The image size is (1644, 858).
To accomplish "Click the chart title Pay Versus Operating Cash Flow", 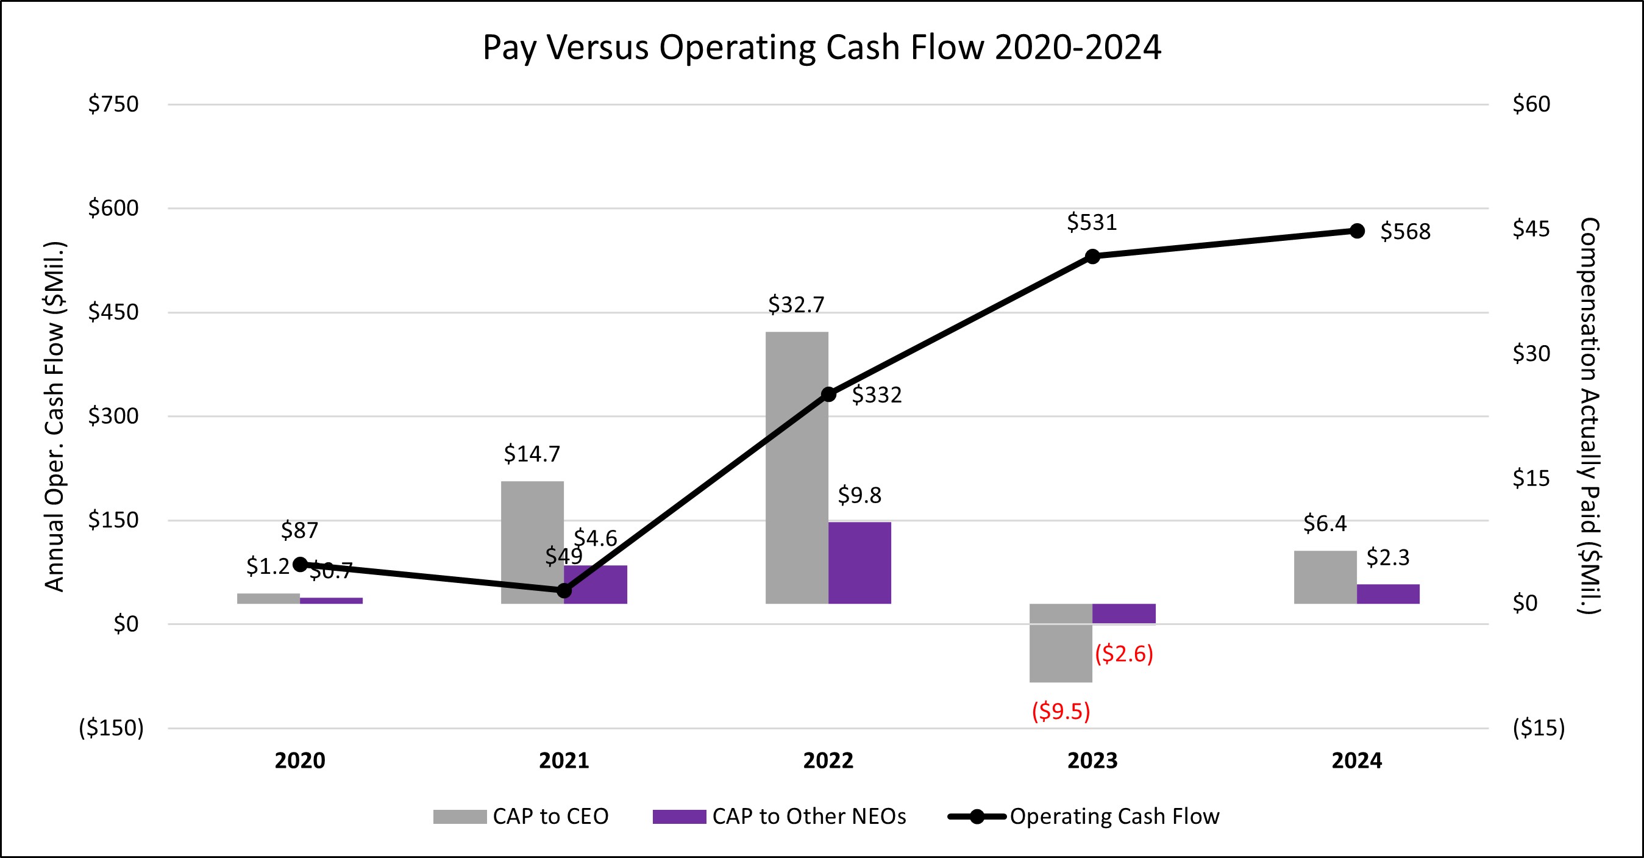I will pos(821,47).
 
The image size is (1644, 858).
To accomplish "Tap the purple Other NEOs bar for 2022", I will pos(859,562).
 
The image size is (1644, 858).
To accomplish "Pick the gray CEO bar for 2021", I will pos(532,542).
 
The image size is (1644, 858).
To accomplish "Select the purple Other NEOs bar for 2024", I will pos(1388,594).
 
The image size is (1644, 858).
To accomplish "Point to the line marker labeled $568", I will pos(1358,231).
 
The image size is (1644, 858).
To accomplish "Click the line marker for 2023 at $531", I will pos(1092,257).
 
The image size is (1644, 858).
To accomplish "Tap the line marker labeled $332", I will pos(828,395).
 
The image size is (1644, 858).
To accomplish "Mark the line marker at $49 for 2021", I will pos(564,590).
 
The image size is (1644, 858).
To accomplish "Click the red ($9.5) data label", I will pos(1061,710).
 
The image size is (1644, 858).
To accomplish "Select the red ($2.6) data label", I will pos(1124,654).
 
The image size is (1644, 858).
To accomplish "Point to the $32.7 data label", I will pos(796,304).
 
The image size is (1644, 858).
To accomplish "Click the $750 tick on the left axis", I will pos(113,104).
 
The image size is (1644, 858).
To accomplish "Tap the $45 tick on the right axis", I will pos(1531,229).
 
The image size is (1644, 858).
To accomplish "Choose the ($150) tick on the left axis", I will pos(111,728).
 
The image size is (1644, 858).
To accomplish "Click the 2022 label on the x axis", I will pos(828,760).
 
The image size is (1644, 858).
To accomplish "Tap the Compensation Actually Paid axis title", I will pos(1589,415).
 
